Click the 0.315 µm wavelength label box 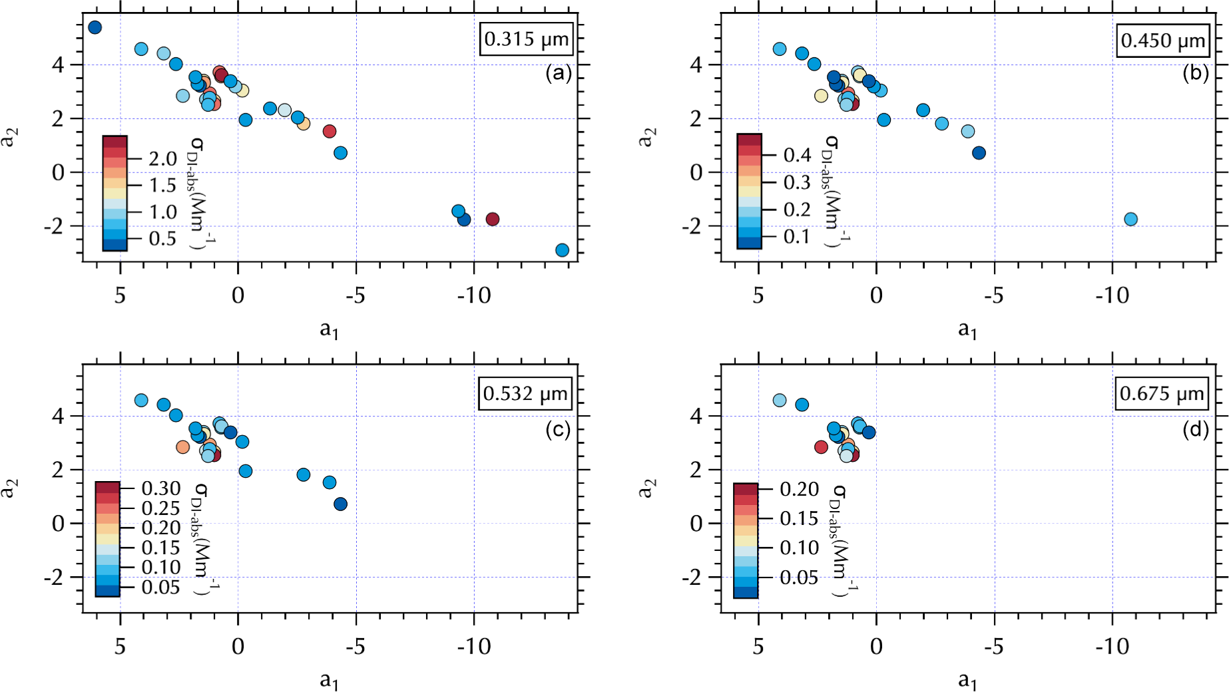pyautogui.click(x=526, y=39)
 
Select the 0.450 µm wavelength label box pyautogui.click(x=1162, y=41)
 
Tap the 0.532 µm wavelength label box pyautogui.click(x=525, y=394)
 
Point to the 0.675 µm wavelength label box pyautogui.click(x=1162, y=394)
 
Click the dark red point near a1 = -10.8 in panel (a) pyautogui.click(x=492, y=219)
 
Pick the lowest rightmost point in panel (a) pyautogui.click(x=562, y=250)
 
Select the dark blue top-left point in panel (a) pyautogui.click(x=95, y=27)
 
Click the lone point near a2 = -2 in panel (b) pyautogui.click(x=1130, y=219)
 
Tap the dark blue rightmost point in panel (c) pyautogui.click(x=340, y=504)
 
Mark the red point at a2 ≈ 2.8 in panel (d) pyautogui.click(x=821, y=447)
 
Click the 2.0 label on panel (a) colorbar pyautogui.click(x=162, y=159)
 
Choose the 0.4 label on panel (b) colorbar pyautogui.click(x=797, y=155)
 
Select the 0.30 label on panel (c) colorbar pyautogui.click(x=160, y=488)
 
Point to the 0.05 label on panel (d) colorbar pyautogui.click(x=799, y=578)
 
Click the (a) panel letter pyautogui.click(x=558, y=73)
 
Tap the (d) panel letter pyautogui.click(x=1195, y=430)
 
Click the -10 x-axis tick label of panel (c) pyautogui.click(x=473, y=646)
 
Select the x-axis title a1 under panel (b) pyautogui.click(x=967, y=329)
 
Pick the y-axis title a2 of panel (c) pyautogui.click(x=9, y=488)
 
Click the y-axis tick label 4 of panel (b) pyautogui.click(x=696, y=65)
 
